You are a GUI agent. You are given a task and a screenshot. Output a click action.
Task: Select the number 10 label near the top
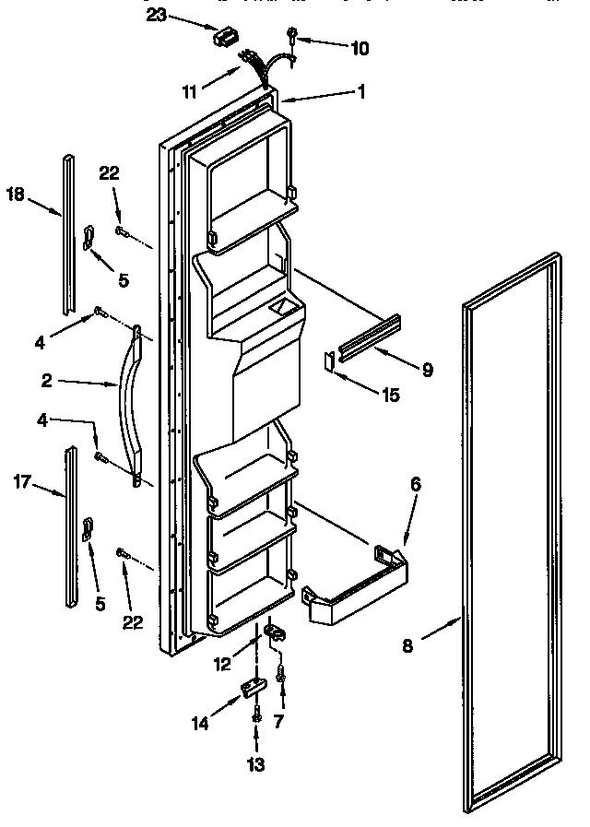360,49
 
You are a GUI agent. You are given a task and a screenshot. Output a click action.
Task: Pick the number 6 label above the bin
416,482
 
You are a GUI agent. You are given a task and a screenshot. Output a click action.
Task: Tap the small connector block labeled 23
222,38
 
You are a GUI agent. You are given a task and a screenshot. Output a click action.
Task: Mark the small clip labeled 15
329,360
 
